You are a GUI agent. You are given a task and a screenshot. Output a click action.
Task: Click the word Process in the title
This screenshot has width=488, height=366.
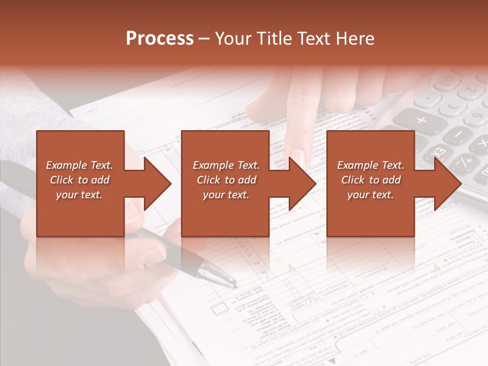(x=160, y=39)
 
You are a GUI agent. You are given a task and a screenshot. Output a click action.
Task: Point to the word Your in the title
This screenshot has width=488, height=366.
(x=232, y=39)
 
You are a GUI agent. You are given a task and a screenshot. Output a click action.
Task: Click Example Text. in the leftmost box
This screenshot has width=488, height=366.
(x=79, y=165)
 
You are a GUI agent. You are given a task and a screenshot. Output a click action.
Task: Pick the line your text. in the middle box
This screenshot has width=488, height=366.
(x=226, y=195)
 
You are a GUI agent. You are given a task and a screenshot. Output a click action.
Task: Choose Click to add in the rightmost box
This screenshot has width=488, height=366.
(x=371, y=180)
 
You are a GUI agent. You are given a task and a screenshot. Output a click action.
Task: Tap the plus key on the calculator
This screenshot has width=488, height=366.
(x=421, y=120)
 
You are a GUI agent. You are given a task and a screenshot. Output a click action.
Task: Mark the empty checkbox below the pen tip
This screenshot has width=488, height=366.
(x=219, y=309)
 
